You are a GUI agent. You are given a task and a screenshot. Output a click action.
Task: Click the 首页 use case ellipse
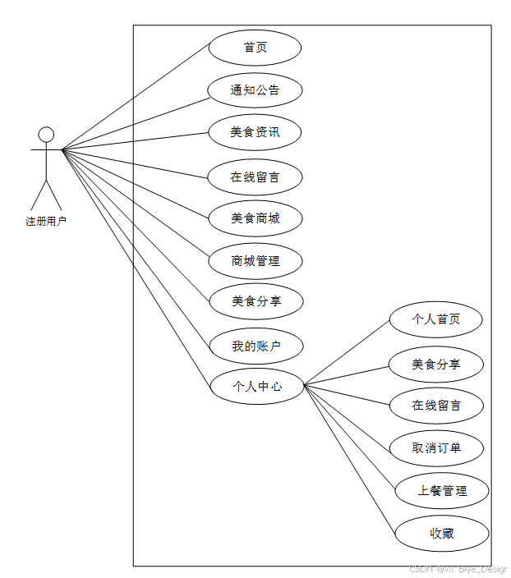pos(255,48)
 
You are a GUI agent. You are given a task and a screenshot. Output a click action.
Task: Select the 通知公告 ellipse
pos(255,90)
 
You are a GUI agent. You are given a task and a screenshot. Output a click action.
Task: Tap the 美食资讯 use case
pos(255,132)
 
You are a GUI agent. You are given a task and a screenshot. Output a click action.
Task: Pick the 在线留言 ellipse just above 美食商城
pos(255,177)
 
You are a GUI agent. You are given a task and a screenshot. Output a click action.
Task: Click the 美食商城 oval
pos(255,218)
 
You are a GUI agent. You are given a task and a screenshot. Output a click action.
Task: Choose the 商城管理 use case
pos(255,261)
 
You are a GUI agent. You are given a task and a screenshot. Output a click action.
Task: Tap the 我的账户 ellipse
pos(256,346)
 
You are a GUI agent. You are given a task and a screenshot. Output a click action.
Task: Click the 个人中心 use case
pos(257,386)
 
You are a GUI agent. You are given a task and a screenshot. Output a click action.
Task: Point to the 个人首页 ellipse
pos(435,319)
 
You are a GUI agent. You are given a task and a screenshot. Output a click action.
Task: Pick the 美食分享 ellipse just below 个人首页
pos(436,364)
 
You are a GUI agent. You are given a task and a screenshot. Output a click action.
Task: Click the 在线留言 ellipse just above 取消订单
pos(436,405)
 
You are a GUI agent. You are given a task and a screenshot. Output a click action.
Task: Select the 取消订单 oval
pos(436,448)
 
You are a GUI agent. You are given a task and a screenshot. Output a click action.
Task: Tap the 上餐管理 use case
pos(442,491)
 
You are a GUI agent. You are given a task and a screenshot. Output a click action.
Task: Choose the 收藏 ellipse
pos(442,534)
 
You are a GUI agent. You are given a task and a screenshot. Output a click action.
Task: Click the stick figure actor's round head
pos(47,134)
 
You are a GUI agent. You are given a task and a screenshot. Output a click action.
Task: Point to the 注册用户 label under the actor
pos(46,221)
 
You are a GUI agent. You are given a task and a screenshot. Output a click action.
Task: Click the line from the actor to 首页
pos(136,98)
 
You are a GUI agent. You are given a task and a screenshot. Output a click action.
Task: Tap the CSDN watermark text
pos(458,568)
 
